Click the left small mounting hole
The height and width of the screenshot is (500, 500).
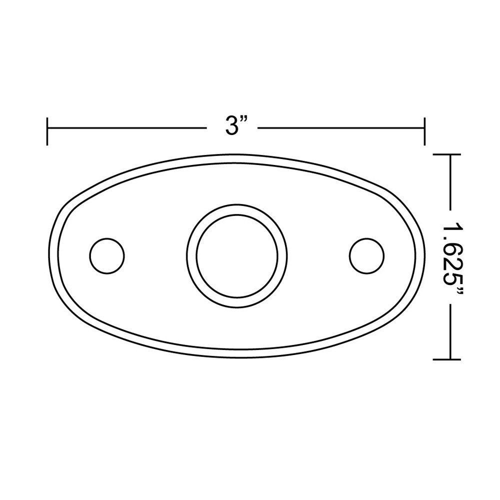coord(106,256)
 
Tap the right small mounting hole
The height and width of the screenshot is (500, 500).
coord(367,256)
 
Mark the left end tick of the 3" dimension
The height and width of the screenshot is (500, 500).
coord(47,131)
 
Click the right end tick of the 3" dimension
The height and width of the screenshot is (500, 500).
coord(424,131)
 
